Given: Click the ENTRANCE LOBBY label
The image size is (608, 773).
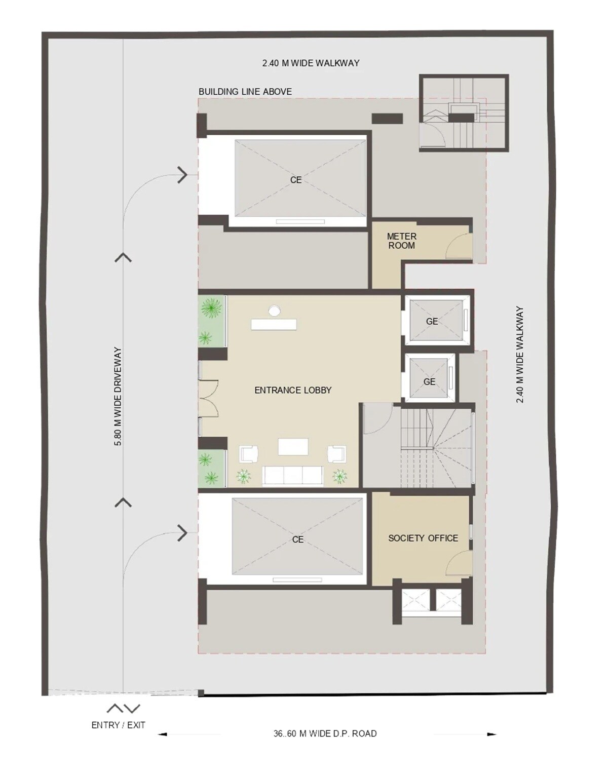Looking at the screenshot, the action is [293, 390].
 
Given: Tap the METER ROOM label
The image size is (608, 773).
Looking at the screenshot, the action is [402, 241].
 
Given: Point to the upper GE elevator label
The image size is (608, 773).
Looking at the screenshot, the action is [432, 322].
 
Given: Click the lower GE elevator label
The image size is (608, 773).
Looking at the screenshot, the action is [430, 382].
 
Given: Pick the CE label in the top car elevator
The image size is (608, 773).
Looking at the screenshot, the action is [296, 180].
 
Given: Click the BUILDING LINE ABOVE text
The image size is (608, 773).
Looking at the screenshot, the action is [245, 92].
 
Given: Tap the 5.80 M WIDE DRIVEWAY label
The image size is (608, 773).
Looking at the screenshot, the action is [118, 396].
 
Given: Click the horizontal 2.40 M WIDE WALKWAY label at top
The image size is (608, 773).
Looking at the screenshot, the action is [311, 63].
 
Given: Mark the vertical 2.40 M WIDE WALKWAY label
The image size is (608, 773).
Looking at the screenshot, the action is [520, 355].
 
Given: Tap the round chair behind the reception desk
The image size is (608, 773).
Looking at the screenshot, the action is [275, 311].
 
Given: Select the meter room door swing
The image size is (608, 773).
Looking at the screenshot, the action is [458, 245].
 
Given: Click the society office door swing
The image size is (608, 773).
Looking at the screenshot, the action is [459, 563].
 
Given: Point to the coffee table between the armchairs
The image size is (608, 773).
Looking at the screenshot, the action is [293, 446].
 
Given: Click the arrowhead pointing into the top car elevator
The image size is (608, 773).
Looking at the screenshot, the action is [182, 175].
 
